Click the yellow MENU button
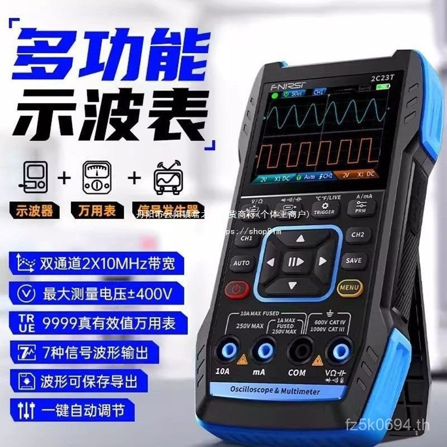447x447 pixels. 349,288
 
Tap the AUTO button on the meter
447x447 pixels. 241,263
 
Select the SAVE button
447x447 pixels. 353,260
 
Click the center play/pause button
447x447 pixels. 296,261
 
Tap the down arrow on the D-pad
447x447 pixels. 292,286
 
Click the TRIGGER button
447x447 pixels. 324,209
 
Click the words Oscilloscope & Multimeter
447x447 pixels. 277,392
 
